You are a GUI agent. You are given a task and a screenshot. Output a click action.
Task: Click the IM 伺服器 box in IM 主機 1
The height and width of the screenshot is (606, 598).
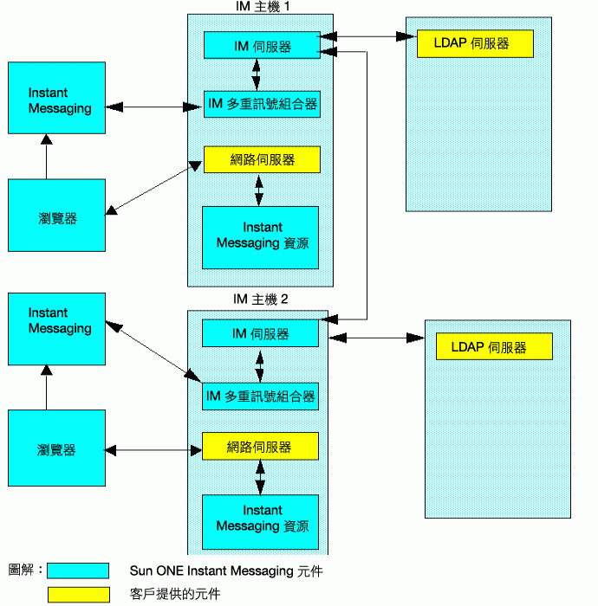pos(262,45)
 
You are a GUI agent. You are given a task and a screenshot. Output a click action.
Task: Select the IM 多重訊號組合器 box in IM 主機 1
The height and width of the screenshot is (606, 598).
pos(262,104)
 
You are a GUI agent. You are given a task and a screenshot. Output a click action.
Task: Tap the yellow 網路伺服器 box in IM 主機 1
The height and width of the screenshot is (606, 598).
pos(262,159)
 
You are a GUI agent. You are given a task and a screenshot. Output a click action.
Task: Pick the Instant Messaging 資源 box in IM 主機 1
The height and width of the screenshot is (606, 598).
pos(260,237)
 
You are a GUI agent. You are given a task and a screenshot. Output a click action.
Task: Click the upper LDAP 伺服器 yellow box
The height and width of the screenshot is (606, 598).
pos(475,43)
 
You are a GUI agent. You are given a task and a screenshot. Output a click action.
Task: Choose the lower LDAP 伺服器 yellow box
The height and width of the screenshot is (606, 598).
pos(494,346)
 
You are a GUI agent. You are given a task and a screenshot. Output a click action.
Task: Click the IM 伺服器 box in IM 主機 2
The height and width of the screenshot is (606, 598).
pos(260,333)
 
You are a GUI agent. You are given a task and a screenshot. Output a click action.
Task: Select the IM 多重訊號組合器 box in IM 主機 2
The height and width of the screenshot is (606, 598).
pos(260,396)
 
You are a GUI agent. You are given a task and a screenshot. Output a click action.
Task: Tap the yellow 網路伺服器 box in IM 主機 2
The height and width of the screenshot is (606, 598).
pos(260,446)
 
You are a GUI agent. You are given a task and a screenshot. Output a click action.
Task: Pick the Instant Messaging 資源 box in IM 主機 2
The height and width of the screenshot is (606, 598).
pos(260,522)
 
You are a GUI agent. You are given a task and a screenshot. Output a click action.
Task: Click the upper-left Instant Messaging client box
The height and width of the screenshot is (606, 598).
pos(57,98)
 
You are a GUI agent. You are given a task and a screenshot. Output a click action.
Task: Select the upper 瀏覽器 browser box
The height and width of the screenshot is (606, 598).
pos(57,215)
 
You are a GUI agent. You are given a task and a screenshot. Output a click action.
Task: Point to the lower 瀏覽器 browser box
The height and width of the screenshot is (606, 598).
pos(57,448)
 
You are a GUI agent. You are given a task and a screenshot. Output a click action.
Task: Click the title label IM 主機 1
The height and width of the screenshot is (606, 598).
pos(263,7)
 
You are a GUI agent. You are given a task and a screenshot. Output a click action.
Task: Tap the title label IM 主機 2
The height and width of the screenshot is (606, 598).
pos(260,300)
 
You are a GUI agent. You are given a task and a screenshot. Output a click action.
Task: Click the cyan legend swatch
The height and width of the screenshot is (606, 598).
pos(78,571)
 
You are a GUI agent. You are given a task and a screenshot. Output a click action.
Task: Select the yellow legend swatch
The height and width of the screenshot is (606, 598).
pos(79,595)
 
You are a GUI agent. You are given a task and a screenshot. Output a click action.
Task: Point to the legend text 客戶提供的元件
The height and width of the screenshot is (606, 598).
pos(175,594)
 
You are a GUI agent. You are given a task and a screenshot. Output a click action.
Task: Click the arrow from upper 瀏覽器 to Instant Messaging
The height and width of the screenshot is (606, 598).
pos(47,156)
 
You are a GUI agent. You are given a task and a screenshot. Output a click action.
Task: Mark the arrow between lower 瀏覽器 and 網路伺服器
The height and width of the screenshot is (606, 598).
pos(153,450)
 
